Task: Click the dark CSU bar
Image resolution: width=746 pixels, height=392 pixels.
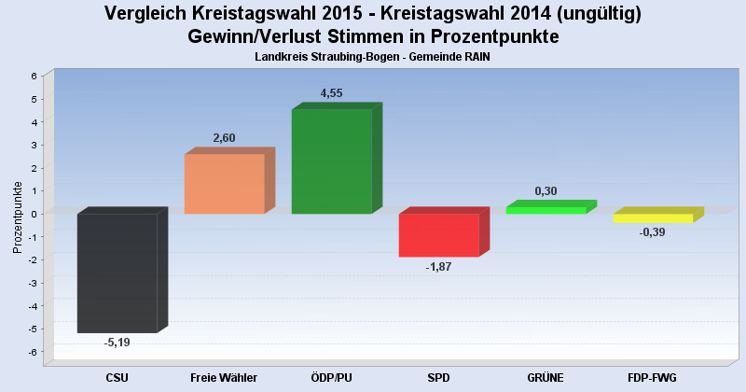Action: tap(117, 273)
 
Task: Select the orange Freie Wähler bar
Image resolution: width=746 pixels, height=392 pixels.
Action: tap(224, 184)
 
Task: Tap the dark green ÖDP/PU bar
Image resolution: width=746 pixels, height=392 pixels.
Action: tap(331, 161)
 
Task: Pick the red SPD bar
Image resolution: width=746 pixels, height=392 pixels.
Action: tap(438, 235)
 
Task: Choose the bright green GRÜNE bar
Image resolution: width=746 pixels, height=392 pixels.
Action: tap(546, 210)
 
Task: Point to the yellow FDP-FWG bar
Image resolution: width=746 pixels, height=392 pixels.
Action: tap(653, 218)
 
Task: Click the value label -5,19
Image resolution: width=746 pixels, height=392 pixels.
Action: tap(117, 343)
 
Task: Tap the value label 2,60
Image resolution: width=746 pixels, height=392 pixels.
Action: tap(224, 138)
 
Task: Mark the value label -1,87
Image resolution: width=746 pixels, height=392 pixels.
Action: tap(438, 267)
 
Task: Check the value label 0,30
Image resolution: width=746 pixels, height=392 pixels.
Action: tap(546, 191)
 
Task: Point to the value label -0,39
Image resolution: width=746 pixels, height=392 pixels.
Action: tap(653, 232)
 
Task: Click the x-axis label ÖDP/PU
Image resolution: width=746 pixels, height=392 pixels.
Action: tap(331, 377)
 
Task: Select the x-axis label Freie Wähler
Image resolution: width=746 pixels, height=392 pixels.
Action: tap(224, 377)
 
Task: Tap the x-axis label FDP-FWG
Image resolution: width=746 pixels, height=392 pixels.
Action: tap(653, 377)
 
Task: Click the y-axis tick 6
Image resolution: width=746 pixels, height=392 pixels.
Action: tap(34, 76)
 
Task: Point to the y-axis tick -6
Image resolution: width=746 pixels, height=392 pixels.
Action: tap(32, 352)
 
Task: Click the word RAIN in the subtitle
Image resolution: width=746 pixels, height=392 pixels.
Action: tap(476, 57)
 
